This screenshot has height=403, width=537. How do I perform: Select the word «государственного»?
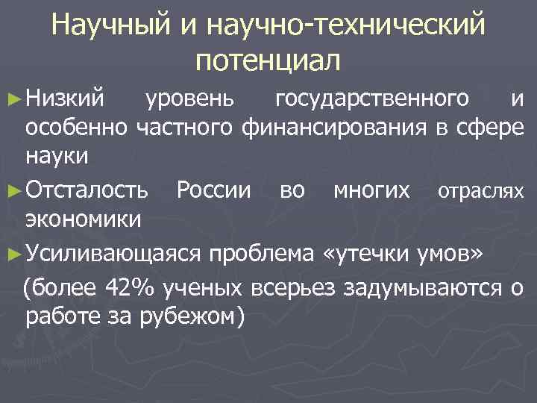point(372,98)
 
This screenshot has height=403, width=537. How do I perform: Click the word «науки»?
point(57,159)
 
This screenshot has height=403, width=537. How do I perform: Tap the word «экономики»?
point(83,221)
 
